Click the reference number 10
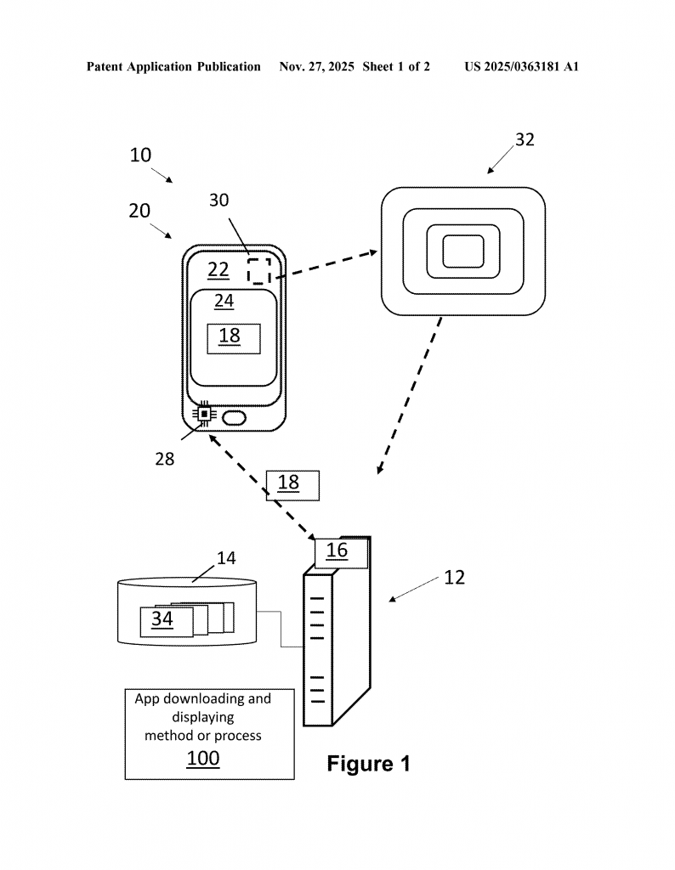coord(140,155)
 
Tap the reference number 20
coord(139,211)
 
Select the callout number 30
coord(218,200)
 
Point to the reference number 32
coord(525,139)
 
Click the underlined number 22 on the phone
coord(218,269)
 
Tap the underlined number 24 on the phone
coord(224,301)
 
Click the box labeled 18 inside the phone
coord(234,338)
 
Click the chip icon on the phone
coord(204,414)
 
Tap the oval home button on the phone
coord(234,418)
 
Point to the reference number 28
coord(164,459)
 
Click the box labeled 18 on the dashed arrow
coord(292,485)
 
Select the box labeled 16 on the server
coord(341,553)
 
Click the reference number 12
coord(454,578)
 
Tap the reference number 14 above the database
coord(226,558)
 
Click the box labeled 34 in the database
coord(167,621)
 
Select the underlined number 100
coord(202,759)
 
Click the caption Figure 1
coord(369,764)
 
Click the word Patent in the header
coord(105,66)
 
